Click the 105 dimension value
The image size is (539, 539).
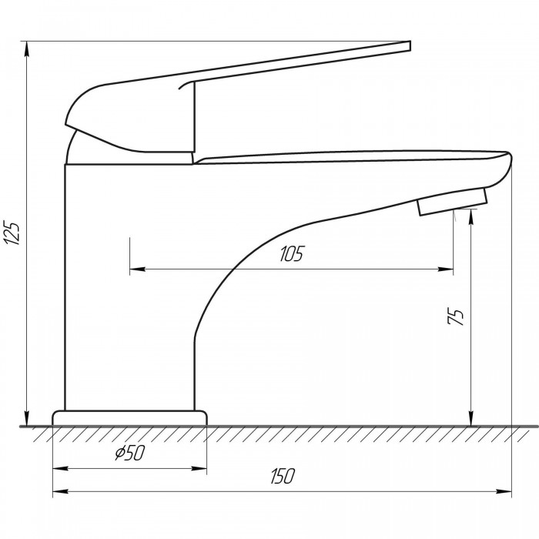click(292, 253)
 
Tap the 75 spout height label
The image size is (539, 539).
click(456, 316)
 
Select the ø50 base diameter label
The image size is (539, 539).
click(130, 453)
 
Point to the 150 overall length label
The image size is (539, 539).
click(283, 476)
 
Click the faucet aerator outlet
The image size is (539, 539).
click(453, 202)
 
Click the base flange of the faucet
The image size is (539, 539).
click(129, 418)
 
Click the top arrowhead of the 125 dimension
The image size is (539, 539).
click(26, 49)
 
